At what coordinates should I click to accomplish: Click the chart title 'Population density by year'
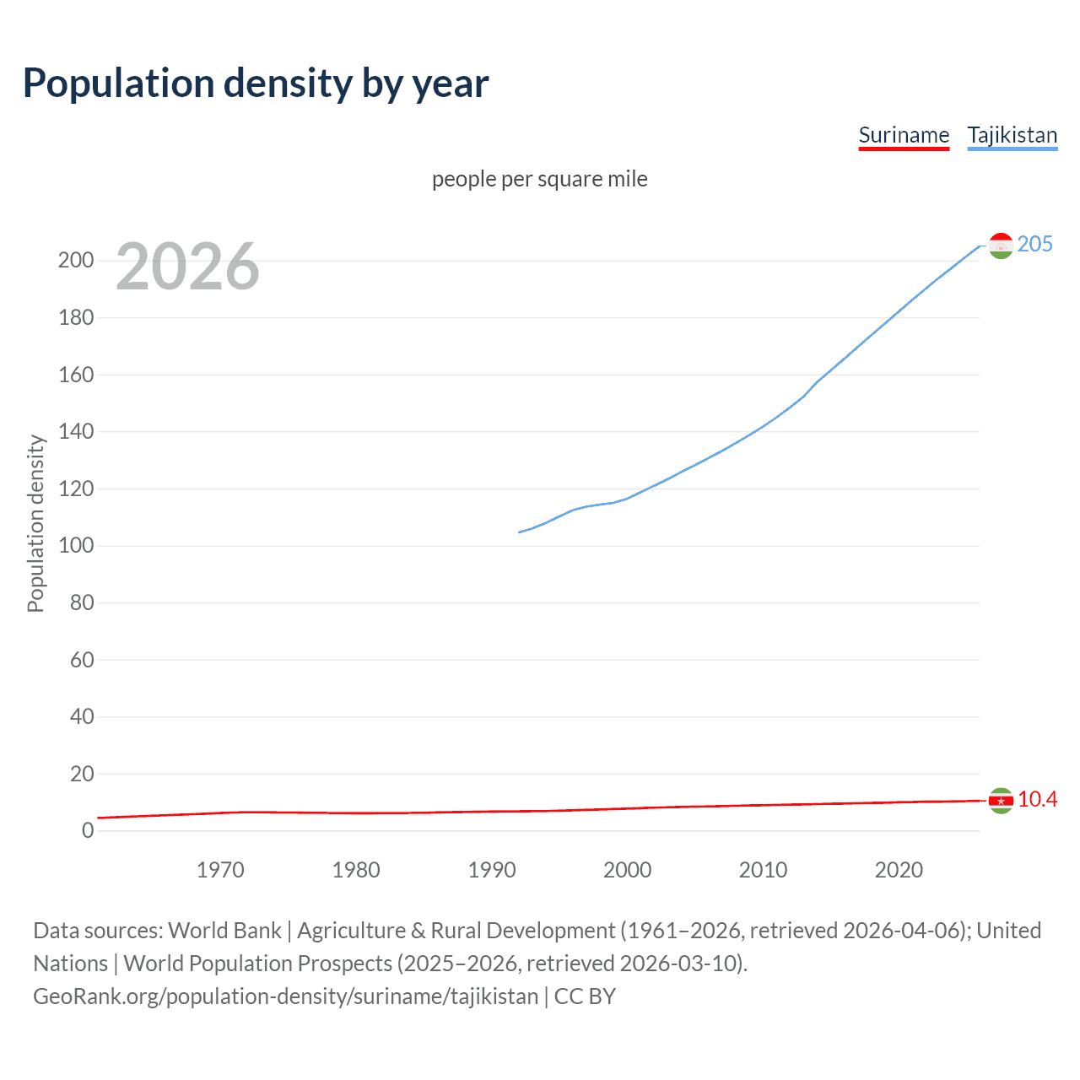pos(256,84)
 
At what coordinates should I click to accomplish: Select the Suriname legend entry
pos(904,136)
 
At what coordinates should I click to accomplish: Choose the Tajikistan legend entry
pos(1012,136)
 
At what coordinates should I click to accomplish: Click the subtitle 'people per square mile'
pos(539,179)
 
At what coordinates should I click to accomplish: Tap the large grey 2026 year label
pos(187,267)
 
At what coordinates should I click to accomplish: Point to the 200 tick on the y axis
pos(76,260)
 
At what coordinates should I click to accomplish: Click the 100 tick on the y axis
pos(76,545)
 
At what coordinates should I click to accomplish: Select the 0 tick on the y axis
pos(88,830)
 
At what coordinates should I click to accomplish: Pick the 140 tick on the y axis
pos(76,431)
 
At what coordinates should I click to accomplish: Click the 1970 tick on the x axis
pos(220,870)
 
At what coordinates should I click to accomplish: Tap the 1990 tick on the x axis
pos(492,870)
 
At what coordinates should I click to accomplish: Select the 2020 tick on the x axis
pos(899,870)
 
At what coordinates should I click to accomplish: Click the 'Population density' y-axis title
pos(35,523)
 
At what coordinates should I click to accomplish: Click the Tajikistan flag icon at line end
pos(1001,246)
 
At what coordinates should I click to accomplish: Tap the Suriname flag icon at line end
pos(1001,800)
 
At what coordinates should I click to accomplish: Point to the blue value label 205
pos(1034,244)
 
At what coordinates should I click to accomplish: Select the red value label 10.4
pos(1037,799)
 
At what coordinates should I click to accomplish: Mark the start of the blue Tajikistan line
pos(519,532)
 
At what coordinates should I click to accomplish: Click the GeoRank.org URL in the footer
pos(285,996)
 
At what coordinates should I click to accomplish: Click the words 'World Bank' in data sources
pos(224,930)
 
